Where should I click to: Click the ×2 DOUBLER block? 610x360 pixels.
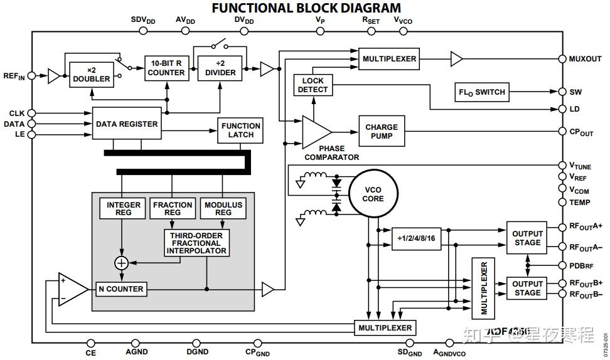point(91,75)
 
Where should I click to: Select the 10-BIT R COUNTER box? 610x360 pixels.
point(166,68)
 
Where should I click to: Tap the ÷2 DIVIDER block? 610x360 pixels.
point(221,68)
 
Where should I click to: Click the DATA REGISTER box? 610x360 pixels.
point(127,124)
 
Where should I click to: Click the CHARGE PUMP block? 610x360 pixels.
point(382,132)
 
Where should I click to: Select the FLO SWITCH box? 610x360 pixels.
point(481,92)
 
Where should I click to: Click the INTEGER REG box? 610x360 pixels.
point(119,208)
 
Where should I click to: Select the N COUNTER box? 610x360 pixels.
point(121,289)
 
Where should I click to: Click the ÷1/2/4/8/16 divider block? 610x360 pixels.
point(416,238)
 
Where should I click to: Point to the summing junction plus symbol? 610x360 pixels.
point(121,263)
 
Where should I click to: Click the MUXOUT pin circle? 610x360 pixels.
point(563,59)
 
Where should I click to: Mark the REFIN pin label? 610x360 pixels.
point(14,77)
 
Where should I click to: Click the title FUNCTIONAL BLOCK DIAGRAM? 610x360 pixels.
point(306,8)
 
